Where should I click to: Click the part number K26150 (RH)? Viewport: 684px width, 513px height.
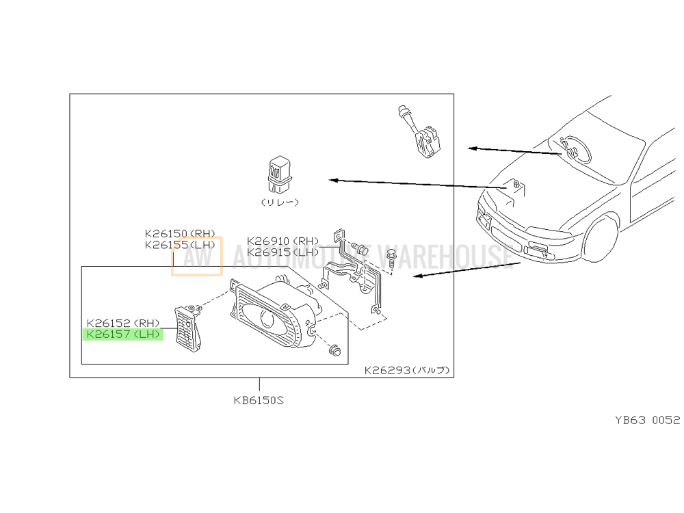[179, 233]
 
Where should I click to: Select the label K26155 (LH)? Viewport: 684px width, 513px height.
[179, 245]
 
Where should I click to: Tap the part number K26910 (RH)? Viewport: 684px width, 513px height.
[282, 241]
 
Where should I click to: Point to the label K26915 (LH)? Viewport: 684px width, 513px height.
[282, 252]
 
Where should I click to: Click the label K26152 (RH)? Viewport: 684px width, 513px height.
[122, 323]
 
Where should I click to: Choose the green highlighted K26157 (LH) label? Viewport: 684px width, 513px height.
[122, 334]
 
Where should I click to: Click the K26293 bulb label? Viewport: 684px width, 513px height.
[406, 371]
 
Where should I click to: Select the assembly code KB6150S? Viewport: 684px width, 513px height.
[258, 401]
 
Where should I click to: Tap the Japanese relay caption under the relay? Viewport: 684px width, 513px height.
[280, 203]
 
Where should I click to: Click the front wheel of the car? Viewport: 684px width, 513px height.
[603, 239]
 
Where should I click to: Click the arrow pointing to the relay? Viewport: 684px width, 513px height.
[410, 183]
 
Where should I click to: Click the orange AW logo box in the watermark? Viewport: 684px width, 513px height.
[197, 256]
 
